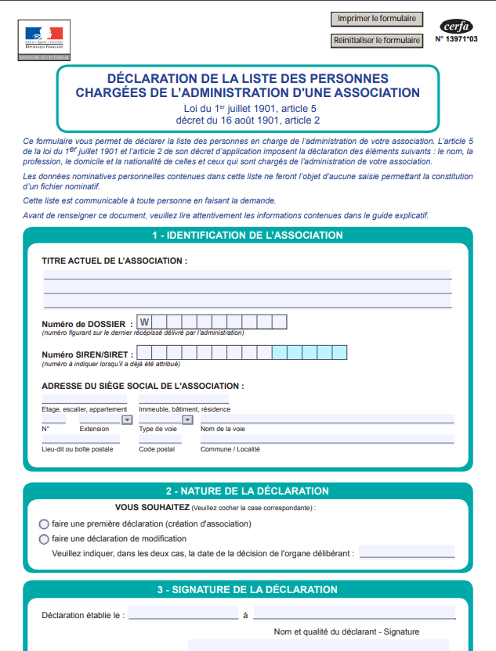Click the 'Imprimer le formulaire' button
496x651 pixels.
tap(377, 19)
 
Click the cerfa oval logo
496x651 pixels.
tap(456, 26)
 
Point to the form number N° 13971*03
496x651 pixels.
tap(456, 38)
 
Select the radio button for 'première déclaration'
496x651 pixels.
tap(44, 523)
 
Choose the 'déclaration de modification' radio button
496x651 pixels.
tap(44, 539)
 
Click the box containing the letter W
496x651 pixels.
tap(144, 322)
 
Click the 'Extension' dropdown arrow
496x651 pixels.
tap(127, 419)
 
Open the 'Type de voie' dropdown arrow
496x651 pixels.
tap(187, 419)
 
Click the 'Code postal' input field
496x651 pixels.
tap(160, 439)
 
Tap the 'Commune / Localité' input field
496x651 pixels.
tap(327, 439)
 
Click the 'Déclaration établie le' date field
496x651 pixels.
tap(183, 613)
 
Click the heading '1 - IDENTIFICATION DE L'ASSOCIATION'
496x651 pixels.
tap(247, 235)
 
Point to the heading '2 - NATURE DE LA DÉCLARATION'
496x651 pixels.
tap(247, 491)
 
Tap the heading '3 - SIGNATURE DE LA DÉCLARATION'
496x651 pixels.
tap(247, 589)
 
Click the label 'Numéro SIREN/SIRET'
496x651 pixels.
tap(86, 354)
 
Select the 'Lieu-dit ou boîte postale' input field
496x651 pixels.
tap(81, 439)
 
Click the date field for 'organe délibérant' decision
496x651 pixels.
tap(406, 552)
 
